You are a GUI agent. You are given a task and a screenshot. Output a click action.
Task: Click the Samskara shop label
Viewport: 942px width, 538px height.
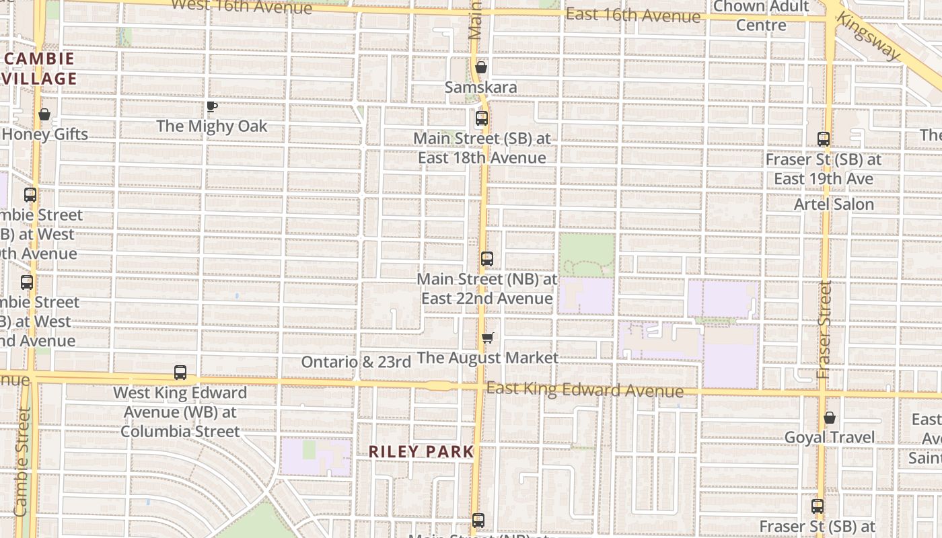click(x=480, y=87)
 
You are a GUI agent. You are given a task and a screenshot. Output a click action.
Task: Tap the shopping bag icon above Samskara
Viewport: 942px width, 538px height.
click(x=480, y=67)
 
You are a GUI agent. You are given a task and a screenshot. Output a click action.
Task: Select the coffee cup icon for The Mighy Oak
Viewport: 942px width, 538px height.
click(x=212, y=106)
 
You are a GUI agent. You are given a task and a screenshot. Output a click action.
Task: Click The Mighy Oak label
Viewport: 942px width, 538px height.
click(x=212, y=126)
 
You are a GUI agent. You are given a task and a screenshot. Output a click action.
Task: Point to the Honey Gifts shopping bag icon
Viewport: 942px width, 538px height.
click(x=44, y=114)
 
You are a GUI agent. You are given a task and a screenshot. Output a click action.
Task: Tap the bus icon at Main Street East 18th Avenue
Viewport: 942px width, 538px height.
click(x=482, y=119)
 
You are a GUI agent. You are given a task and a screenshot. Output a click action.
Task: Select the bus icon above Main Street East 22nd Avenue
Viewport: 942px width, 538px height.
click(x=487, y=259)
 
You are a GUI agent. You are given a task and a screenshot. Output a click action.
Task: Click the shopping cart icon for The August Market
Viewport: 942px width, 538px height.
click(x=488, y=338)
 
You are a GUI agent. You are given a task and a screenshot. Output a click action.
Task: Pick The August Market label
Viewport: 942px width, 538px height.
click(x=488, y=358)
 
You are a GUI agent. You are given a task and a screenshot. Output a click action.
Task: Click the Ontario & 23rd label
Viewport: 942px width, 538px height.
click(x=356, y=362)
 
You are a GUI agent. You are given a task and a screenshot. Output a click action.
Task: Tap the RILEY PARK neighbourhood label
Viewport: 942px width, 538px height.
click(x=421, y=452)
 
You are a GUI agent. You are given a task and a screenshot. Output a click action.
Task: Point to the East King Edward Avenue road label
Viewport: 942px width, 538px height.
click(x=585, y=389)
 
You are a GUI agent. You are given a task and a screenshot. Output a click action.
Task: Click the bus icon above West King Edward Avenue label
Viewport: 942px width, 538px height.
click(x=180, y=373)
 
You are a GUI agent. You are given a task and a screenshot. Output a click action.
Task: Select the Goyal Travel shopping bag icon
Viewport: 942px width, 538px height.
click(x=830, y=418)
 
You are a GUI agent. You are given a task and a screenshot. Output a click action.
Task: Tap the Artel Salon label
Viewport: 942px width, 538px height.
click(x=834, y=204)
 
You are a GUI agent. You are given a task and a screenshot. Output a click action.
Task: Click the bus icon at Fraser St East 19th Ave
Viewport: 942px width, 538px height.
click(x=824, y=139)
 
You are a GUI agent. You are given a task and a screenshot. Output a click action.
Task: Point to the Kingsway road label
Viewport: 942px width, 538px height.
click(x=867, y=36)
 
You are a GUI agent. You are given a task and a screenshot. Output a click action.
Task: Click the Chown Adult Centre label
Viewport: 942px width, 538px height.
click(x=761, y=16)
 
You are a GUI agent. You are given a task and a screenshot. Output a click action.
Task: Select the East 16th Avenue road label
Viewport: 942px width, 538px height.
click(x=632, y=15)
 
